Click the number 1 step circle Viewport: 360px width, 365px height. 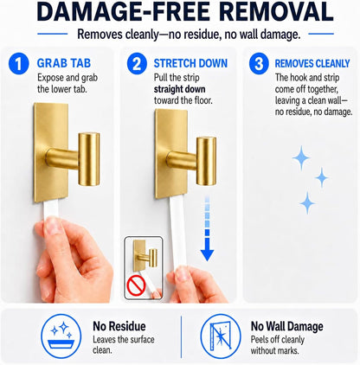point(18,63)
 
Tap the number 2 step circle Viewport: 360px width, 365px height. point(137,63)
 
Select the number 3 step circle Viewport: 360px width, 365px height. point(259,63)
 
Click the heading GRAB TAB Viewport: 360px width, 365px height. point(64,63)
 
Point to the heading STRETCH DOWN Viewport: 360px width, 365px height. point(190,63)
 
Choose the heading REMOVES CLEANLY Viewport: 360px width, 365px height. point(312,63)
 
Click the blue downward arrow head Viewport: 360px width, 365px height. point(207,254)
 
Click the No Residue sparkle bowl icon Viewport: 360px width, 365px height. point(61,336)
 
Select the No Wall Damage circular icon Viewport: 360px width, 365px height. point(221,336)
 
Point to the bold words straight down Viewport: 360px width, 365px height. point(179,89)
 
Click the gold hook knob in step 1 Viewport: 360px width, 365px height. point(89,159)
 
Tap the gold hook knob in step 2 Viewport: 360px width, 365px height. point(206,161)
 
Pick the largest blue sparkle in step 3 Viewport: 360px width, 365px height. point(301,157)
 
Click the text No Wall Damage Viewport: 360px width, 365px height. point(286,326)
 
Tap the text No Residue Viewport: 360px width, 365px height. point(119,326)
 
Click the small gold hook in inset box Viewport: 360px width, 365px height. point(145,254)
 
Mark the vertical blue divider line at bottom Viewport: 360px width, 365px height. point(181,336)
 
